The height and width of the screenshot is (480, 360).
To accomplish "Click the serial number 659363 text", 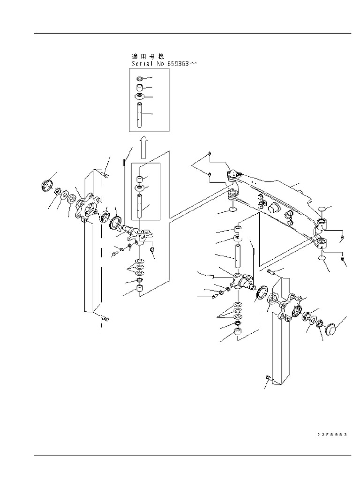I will click(175, 63).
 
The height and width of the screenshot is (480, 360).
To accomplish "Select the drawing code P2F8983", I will click(332, 435).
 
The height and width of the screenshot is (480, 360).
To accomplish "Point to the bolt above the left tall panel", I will click(104, 175).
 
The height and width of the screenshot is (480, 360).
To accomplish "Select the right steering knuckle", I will click(244, 281).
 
